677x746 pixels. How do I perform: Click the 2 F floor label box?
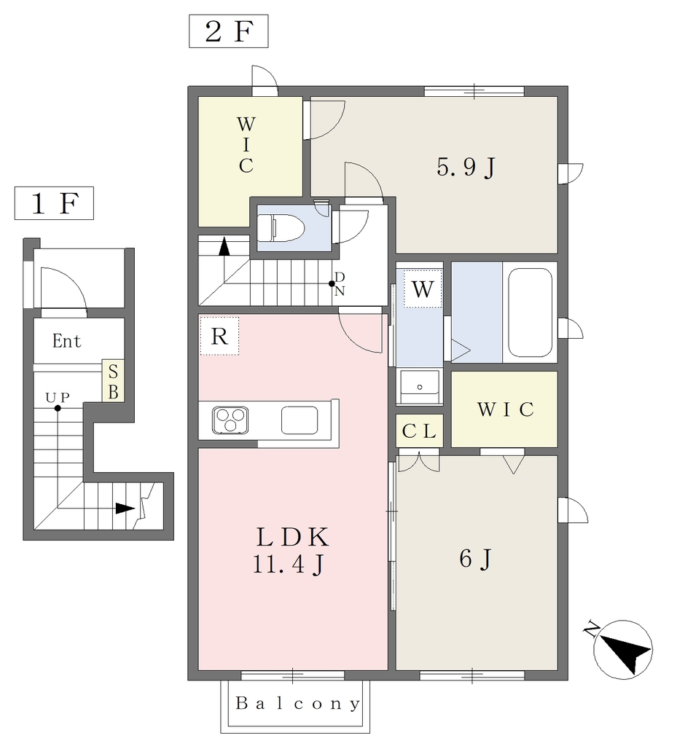click(228, 31)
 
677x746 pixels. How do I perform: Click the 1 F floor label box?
click(54, 203)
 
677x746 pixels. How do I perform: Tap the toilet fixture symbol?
click(281, 227)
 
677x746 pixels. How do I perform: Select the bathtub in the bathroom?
click(531, 312)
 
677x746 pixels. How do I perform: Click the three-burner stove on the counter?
click(230, 420)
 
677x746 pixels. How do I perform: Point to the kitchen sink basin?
click(300, 420)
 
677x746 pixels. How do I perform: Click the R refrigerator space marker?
click(219, 336)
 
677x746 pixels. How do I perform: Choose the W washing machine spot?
click(423, 288)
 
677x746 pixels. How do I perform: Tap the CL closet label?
click(419, 431)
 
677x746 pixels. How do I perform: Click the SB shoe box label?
click(113, 382)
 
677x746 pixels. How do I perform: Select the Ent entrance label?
click(66, 341)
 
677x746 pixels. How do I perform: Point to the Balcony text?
click(298, 704)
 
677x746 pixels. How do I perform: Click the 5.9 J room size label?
click(466, 168)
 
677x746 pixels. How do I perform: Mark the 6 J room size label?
click(475, 559)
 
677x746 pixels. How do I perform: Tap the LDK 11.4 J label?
click(291, 551)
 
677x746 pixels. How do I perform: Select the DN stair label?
click(339, 284)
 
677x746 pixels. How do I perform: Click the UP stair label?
click(58, 398)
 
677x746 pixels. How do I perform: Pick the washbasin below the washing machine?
click(420, 387)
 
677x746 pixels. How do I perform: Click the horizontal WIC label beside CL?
click(506, 409)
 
